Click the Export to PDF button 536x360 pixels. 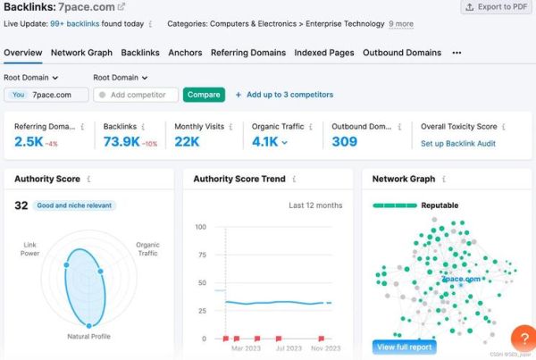(496, 7)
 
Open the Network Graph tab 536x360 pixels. (81, 53)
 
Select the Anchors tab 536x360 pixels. (185, 53)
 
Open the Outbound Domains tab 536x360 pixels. (402, 53)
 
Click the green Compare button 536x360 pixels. (204, 95)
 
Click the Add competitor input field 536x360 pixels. (138, 95)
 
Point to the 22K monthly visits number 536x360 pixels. (187, 142)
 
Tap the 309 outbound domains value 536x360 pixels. (344, 142)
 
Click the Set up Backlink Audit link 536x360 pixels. (458, 143)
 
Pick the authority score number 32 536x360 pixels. (21, 205)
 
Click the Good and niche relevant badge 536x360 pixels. (74, 205)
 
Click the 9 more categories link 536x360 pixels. (401, 24)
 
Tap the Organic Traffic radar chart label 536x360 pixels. (147, 249)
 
